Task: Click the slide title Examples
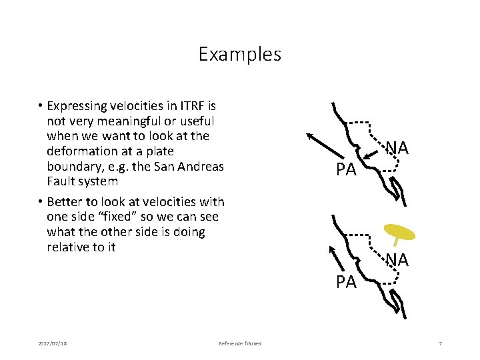[240, 53]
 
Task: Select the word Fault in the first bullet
[62, 181]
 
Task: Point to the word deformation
[81, 151]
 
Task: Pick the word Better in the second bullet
[66, 202]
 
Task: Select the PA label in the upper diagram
[346, 170]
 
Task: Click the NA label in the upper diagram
[397, 147]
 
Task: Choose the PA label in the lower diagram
[346, 282]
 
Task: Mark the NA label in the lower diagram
[397, 260]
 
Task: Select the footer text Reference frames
[240, 343]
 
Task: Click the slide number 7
[440, 343]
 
